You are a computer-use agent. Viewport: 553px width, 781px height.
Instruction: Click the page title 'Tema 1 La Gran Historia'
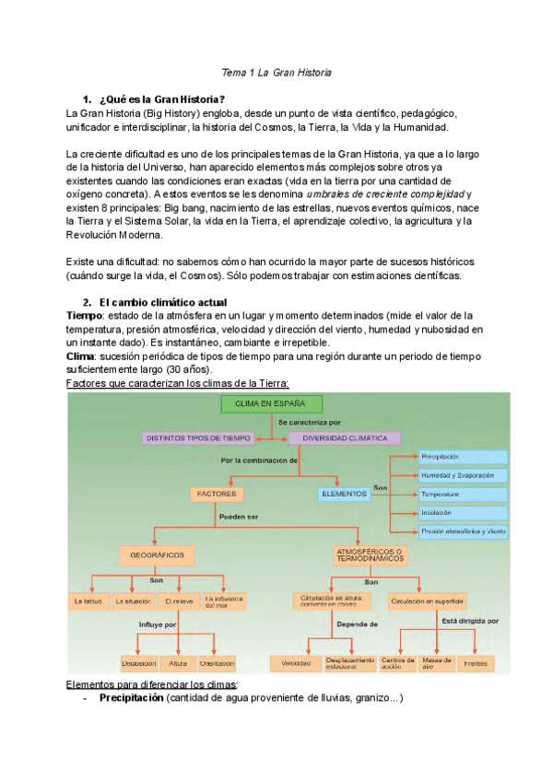click(276, 72)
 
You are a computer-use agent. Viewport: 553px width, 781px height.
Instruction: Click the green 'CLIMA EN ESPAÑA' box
click(271, 403)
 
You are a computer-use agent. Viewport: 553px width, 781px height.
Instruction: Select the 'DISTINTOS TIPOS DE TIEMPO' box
click(198, 438)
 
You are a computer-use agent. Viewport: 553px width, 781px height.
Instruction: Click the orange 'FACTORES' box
click(218, 495)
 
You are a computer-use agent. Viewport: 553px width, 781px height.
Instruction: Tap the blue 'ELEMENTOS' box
click(344, 495)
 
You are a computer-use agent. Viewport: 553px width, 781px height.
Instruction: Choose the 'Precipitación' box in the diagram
click(463, 457)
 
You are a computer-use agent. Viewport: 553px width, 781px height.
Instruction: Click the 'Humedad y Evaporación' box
click(463, 475)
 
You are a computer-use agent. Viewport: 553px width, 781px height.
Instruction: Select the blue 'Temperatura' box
click(463, 494)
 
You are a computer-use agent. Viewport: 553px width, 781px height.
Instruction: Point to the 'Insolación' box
click(463, 512)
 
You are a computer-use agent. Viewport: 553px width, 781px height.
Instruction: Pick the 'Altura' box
click(177, 663)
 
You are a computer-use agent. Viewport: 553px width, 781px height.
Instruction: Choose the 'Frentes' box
click(476, 663)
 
